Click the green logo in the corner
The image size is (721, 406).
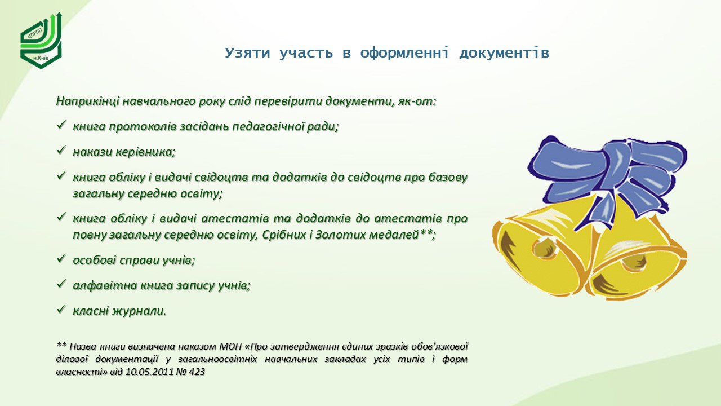coord(41,41)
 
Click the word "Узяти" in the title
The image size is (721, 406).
coord(247,53)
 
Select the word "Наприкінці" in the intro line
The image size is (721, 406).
coord(88,101)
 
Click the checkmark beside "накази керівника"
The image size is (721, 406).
coord(61,150)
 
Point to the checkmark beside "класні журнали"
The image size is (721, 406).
coord(61,310)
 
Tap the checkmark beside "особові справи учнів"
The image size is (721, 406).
coord(61,258)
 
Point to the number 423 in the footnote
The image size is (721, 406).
coord(197,372)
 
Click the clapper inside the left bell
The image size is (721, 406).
coord(545,248)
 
